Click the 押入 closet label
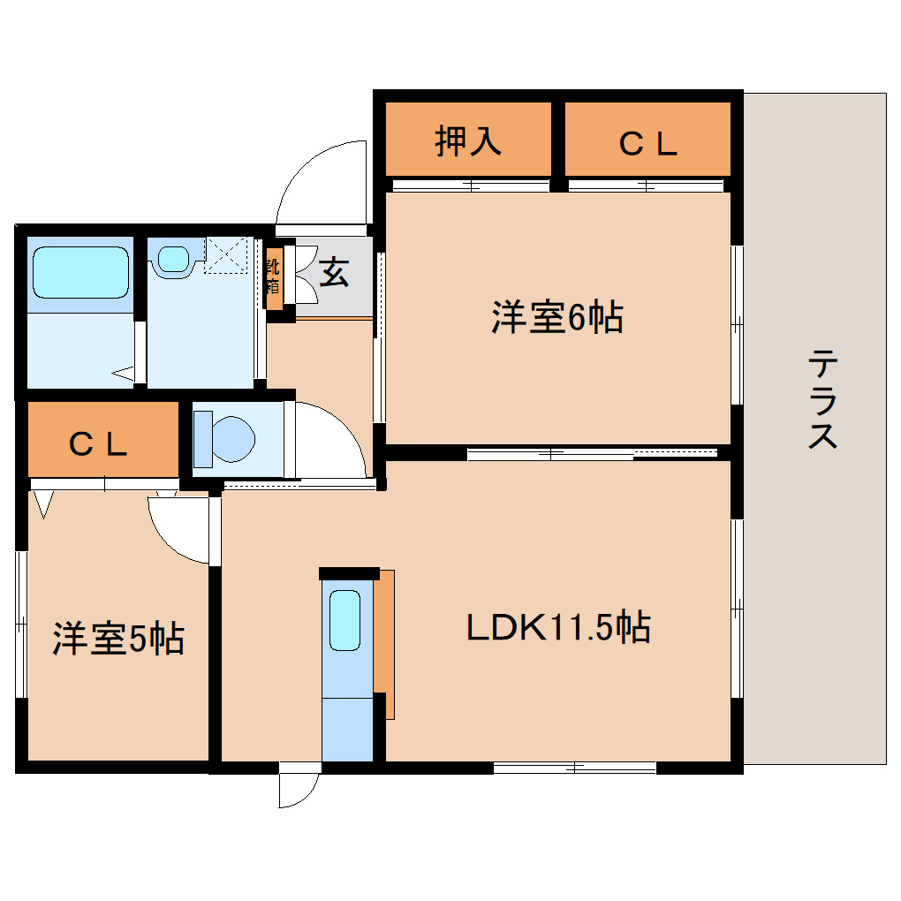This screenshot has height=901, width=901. pos(468,141)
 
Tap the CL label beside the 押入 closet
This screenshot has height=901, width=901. pos(647,143)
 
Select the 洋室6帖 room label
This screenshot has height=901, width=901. pos(556,318)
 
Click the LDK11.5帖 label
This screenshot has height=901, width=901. pos(557,628)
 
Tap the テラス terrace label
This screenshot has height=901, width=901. pos(822,399)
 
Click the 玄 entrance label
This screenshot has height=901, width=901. pos(333,272)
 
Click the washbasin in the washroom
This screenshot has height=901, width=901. pos(174,259)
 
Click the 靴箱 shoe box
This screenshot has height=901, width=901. pos(274,276)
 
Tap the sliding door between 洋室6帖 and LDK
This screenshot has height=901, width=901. pos(592,454)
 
